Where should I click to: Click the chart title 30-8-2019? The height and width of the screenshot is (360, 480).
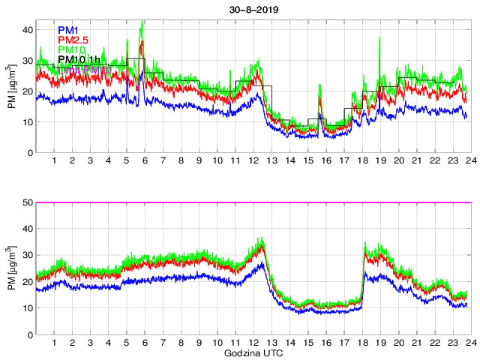click(x=252, y=10)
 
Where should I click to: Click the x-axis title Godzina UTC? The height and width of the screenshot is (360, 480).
click(x=252, y=352)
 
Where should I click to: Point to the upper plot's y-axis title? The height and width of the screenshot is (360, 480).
click(x=11, y=91)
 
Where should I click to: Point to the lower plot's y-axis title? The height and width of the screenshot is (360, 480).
click(x=11, y=269)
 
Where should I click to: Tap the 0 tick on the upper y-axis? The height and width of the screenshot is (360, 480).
click(x=29, y=152)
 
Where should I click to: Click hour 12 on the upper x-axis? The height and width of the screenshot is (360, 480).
click(x=253, y=160)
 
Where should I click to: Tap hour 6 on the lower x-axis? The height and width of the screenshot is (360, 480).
click(x=145, y=343)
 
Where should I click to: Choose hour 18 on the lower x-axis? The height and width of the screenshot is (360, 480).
click(x=362, y=343)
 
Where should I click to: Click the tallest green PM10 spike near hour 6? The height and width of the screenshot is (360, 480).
click(x=142, y=23)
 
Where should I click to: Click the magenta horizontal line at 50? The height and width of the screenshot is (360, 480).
click(x=252, y=202)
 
